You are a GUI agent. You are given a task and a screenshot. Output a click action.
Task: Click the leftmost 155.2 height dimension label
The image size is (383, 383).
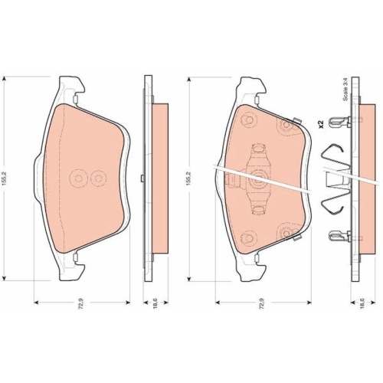pos(5,178)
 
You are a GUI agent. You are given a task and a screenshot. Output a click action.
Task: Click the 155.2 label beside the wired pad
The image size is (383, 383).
pos(189,178)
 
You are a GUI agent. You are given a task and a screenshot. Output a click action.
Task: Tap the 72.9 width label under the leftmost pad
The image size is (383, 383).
pos(82,303)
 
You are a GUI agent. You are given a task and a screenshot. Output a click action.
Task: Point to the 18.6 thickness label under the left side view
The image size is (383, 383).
pos(155,303)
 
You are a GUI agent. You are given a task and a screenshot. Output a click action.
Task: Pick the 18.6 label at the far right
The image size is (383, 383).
pos(362,303)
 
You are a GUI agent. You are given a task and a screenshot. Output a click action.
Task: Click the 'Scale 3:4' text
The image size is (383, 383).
pos(345,90)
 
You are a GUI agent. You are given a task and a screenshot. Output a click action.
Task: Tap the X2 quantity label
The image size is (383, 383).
pos(321,124)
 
